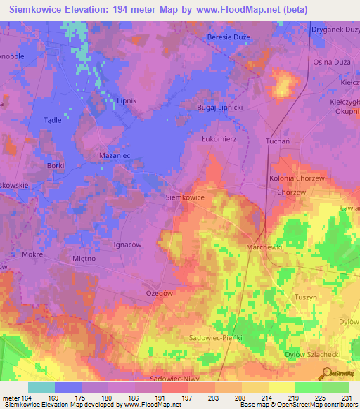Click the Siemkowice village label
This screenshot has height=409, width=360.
(184, 198)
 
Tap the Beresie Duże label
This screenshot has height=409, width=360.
(229, 37)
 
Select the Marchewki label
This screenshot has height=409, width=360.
(264, 248)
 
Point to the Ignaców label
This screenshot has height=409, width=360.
(127, 245)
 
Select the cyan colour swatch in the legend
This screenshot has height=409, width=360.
(41, 387)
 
